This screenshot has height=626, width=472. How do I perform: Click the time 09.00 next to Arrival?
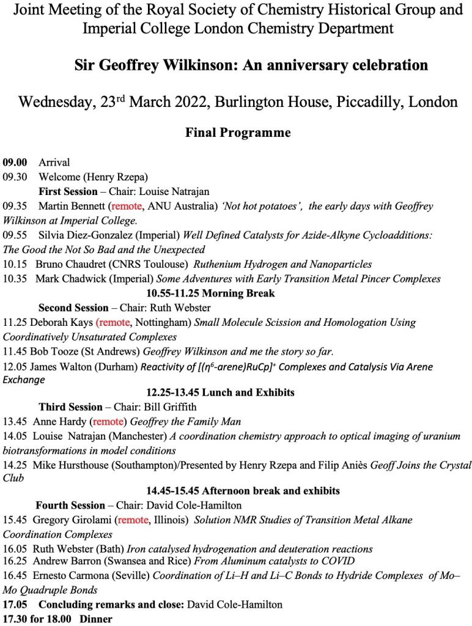[x=15, y=163]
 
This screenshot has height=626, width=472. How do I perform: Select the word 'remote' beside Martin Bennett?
[x=127, y=207]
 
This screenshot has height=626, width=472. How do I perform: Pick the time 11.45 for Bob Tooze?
[x=15, y=351]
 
